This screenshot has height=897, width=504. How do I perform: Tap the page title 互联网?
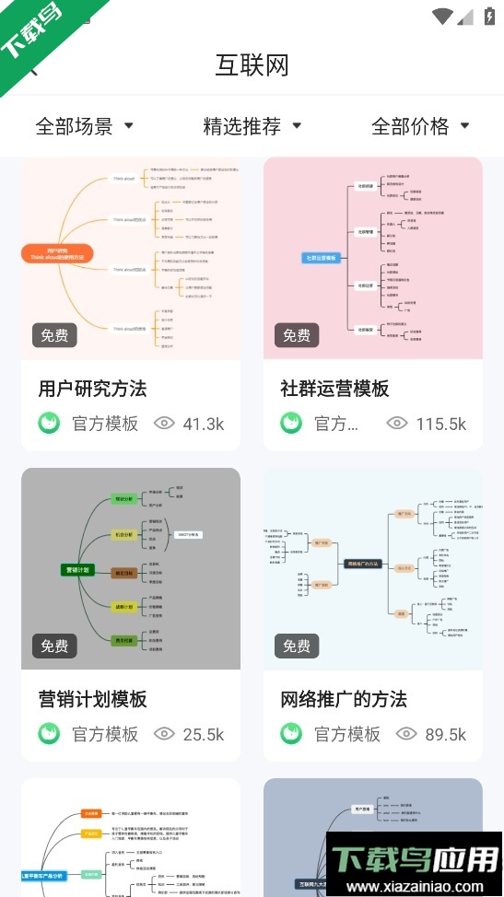(252, 65)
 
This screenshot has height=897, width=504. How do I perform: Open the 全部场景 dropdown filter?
(84, 126)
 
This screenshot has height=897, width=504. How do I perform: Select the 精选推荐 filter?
(252, 126)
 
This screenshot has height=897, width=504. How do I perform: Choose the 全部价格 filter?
(420, 126)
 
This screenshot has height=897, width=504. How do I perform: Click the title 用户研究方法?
(92, 389)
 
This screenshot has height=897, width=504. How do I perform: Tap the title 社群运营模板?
(334, 389)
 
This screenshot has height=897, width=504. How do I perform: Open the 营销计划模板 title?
(92, 699)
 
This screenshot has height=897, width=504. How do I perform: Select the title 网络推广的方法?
(344, 699)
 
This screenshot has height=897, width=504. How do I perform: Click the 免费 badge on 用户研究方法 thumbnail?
(54, 335)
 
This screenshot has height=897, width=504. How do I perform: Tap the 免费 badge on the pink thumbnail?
(297, 335)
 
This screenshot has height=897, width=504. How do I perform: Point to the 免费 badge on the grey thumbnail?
(54, 646)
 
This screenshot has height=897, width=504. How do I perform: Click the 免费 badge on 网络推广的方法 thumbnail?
(297, 646)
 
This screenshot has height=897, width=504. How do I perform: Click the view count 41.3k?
(203, 424)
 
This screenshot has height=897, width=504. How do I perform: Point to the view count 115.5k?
(441, 424)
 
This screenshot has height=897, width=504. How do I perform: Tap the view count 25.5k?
(203, 734)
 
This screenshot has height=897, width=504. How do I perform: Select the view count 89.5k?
(444, 734)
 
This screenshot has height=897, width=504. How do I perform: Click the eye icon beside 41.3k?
(164, 424)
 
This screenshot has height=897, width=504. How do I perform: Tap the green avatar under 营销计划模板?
(49, 734)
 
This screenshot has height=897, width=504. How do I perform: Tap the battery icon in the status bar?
(488, 16)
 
